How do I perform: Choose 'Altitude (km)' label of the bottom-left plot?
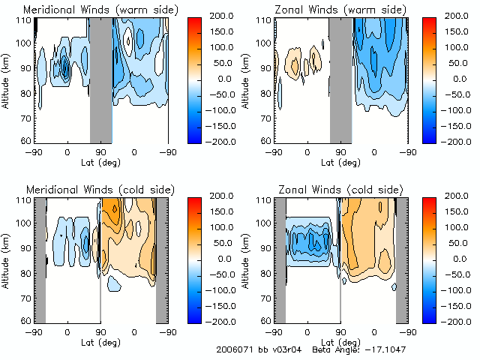(6, 259)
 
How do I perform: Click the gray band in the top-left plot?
(100, 79)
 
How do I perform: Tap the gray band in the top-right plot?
(340, 79)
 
